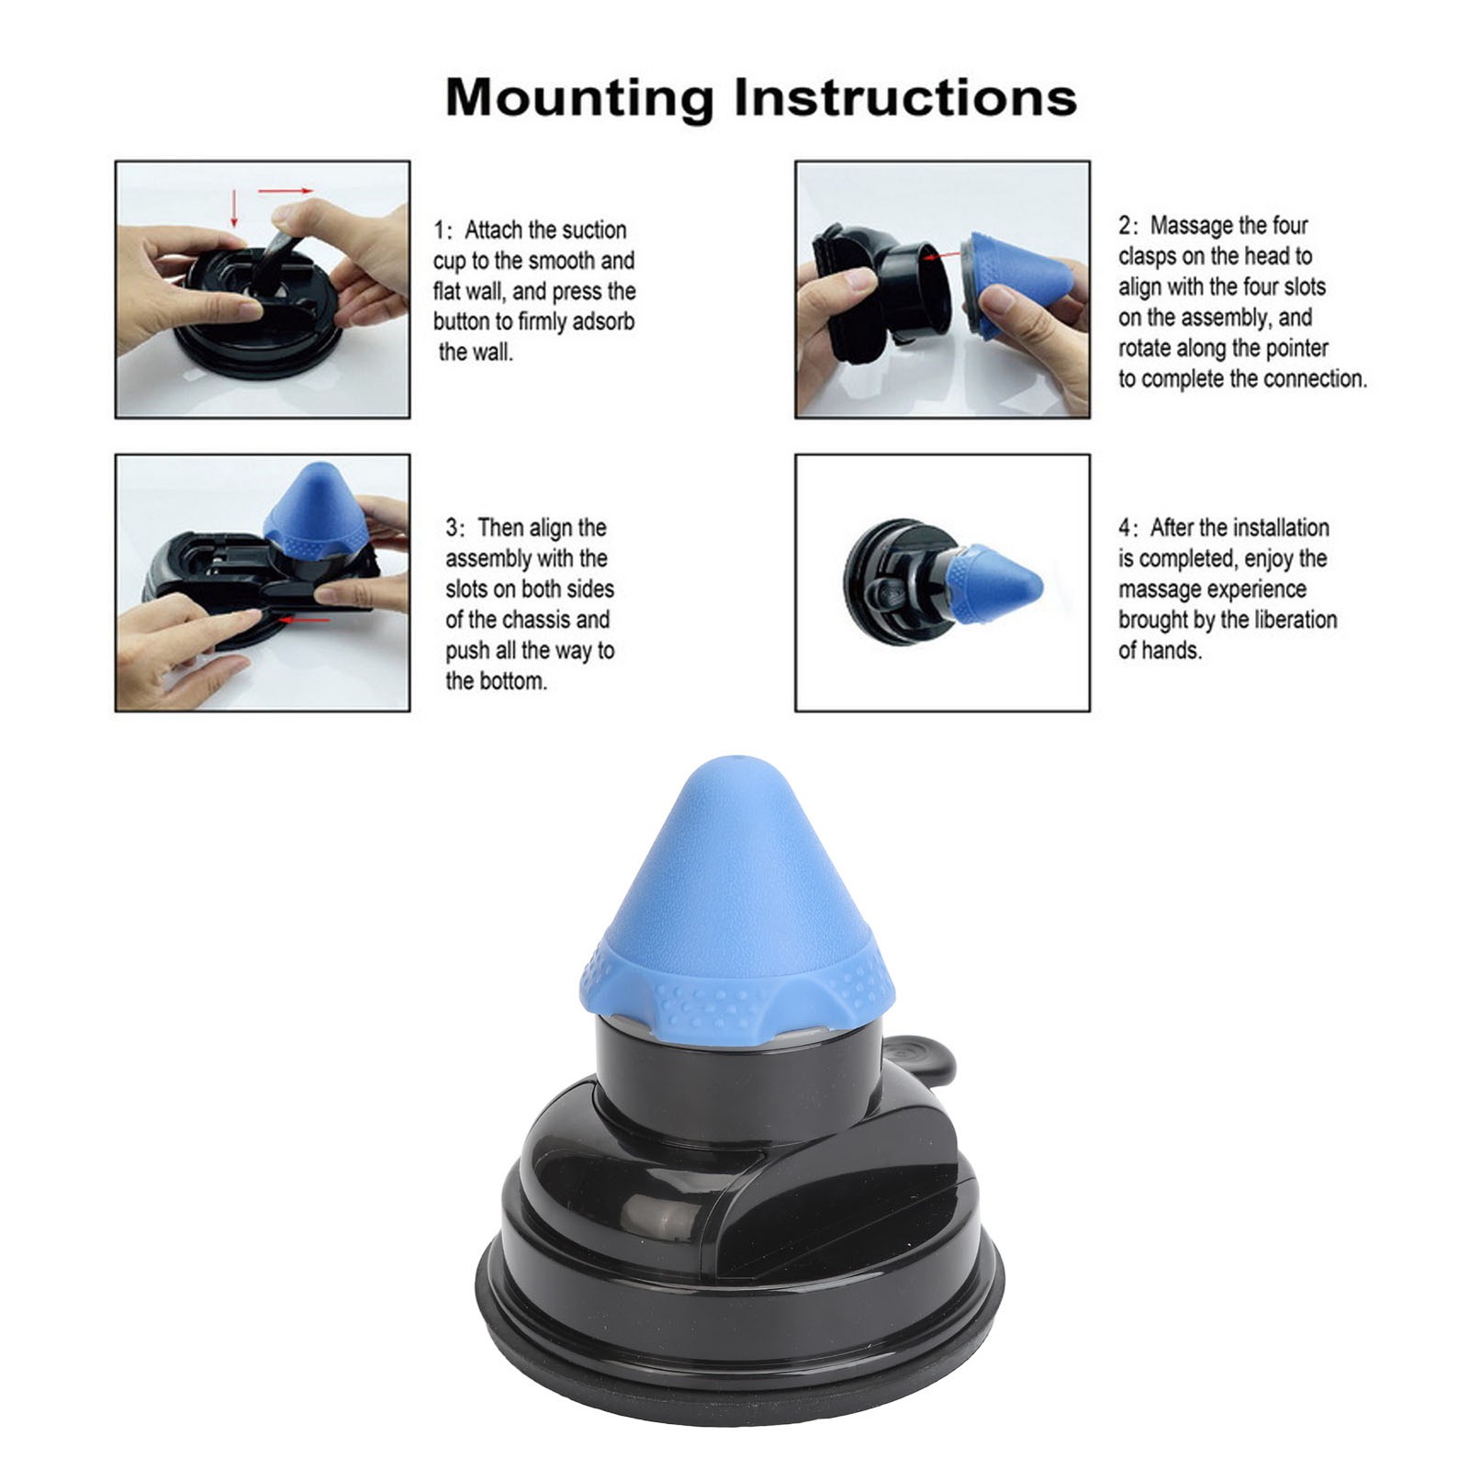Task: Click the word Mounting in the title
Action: click(x=579, y=97)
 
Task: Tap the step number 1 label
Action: click(x=441, y=230)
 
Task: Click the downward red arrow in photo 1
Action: click(x=234, y=208)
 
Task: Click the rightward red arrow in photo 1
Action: click(x=286, y=192)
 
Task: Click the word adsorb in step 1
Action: click(x=601, y=322)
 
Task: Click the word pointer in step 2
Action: click(x=1296, y=349)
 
